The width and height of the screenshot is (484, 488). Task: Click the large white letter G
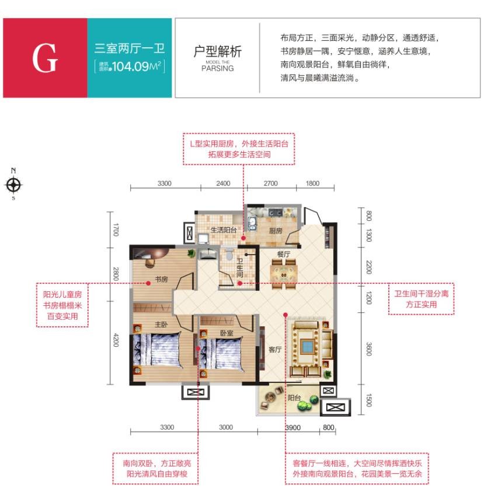pos(45,58)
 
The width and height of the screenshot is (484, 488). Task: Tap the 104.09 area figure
pos(130,67)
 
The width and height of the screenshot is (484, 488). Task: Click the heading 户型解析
pos(218,51)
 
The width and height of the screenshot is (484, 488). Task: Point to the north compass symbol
pos(13,184)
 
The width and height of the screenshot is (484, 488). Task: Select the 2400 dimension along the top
pos(223,183)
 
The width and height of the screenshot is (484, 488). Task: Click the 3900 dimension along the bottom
pos(293,428)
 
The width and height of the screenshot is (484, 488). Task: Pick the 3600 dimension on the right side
pos(369,349)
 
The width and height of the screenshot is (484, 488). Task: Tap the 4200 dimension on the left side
pos(116,340)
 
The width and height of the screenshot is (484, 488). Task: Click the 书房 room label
pos(161,279)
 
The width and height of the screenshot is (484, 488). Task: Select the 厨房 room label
pos(276,231)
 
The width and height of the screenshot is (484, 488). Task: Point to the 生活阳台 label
pos(224,230)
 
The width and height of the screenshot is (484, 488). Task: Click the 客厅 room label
pos(275,350)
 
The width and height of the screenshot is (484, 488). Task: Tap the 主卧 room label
pos(161,325)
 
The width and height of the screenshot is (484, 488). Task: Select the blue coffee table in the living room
pos(308,346)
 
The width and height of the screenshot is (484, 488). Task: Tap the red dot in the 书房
pos(148,283)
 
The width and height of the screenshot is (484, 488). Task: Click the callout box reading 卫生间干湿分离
pos(422,299)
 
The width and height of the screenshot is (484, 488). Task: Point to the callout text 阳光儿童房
pos(62,294)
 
